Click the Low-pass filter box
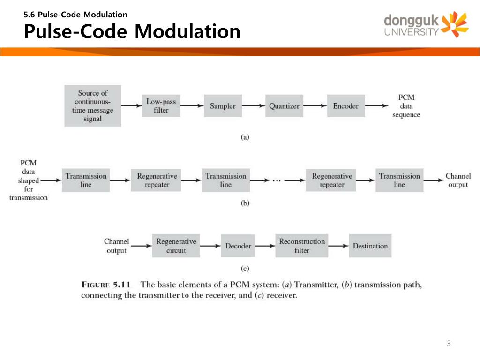tap(161, 106)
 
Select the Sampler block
tap(223, 106)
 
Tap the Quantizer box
tap(284, 106)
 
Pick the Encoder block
tap(345, 106)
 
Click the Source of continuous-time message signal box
tap(93, 106)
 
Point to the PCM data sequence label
tap(406, 106)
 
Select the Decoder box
tap(238, 246)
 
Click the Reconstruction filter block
tap(302, 246)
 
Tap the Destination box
tap(370, 246)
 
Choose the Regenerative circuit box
tap(176, 246)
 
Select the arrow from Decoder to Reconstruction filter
tap(265, 246)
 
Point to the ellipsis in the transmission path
tap(277, 180)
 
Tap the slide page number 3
tap(449, 344)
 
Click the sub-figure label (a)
tap(245, 137)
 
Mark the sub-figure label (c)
tap(245, 269)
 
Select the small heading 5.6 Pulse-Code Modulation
tap(75, 15)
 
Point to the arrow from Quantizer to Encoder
tap(315, 106)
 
